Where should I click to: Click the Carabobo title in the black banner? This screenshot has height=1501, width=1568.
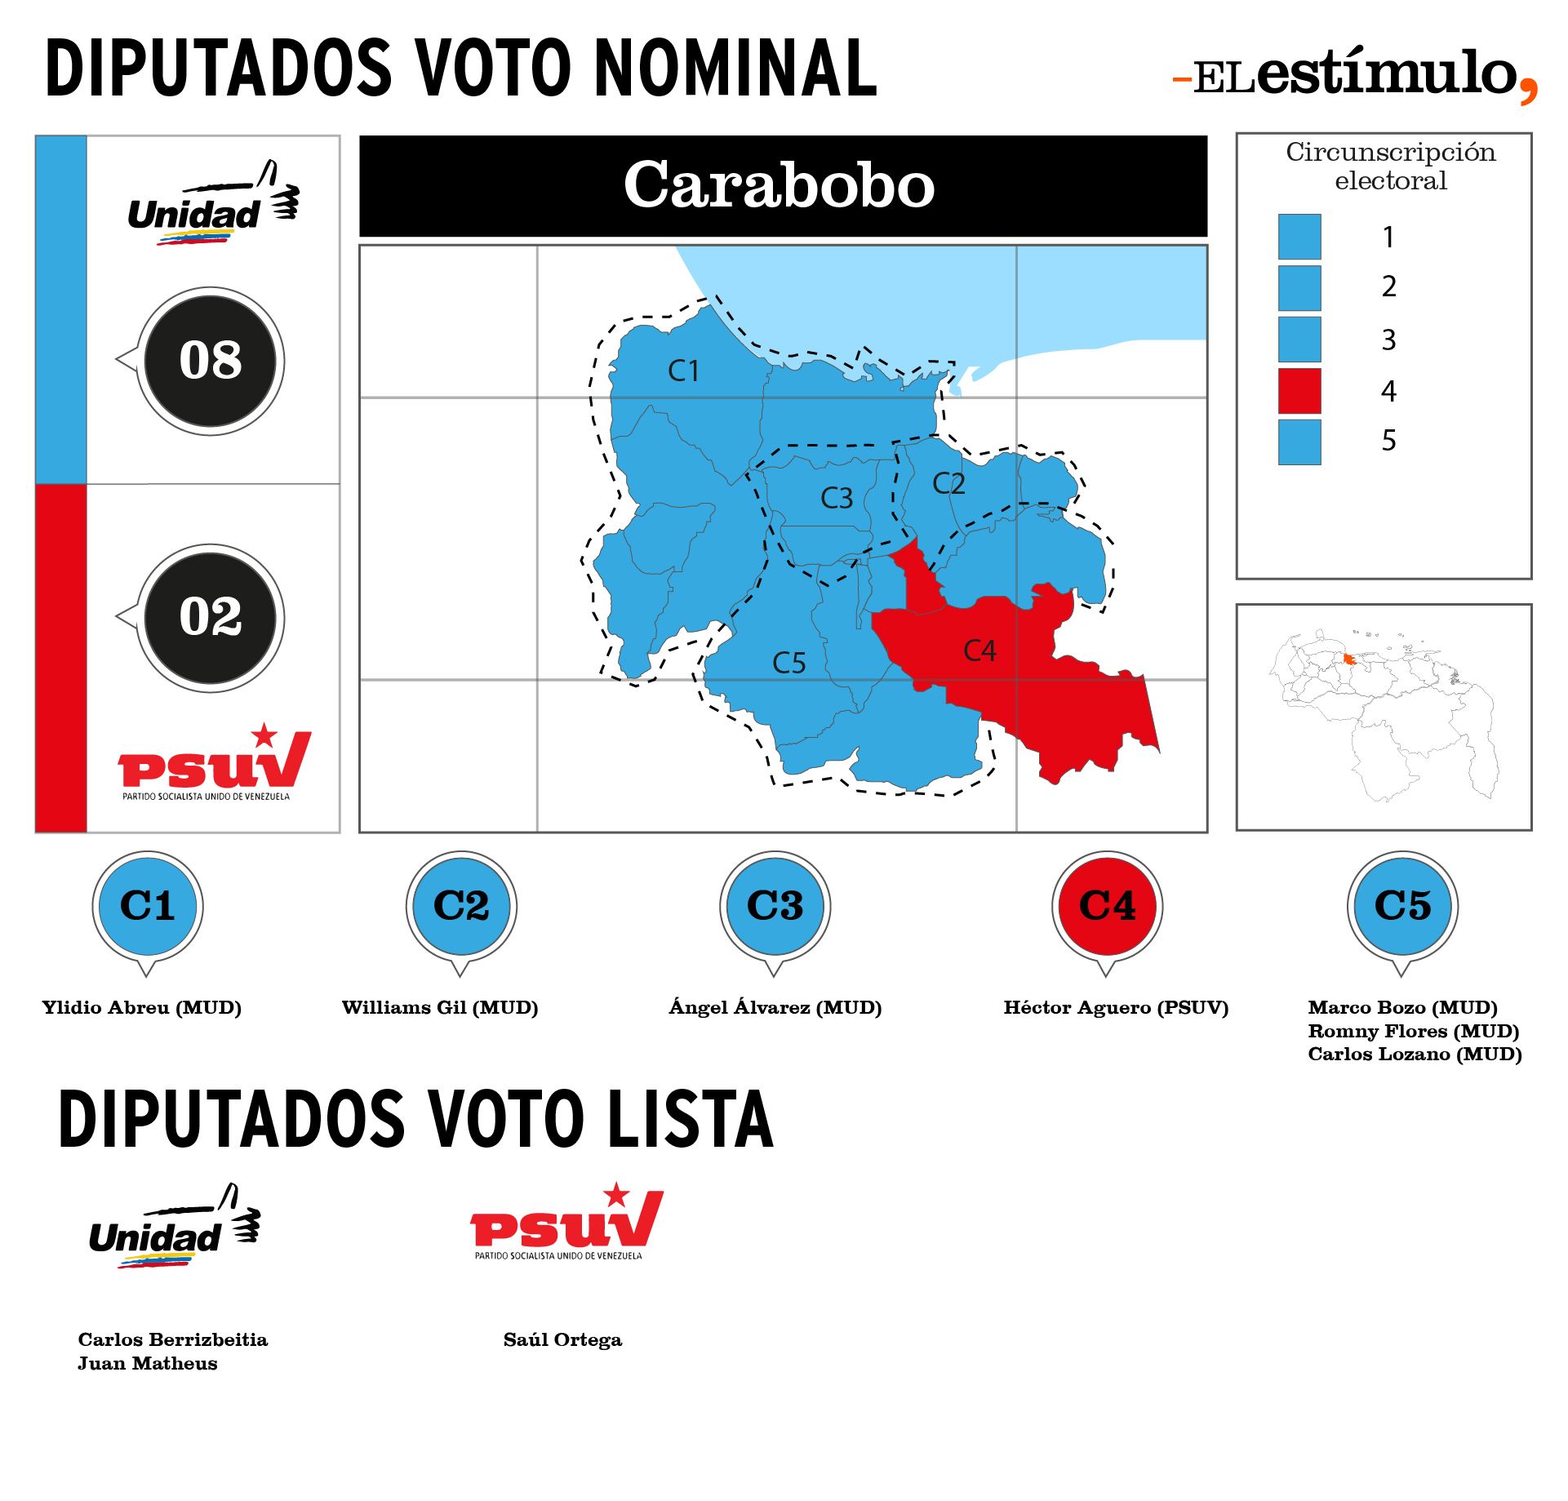pos(779,184)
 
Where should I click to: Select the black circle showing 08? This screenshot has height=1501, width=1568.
pos(211,361)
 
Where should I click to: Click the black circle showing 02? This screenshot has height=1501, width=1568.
pos(211,618)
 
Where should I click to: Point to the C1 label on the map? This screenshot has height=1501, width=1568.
pos(683,371)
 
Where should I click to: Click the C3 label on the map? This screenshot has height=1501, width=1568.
pos(837,498)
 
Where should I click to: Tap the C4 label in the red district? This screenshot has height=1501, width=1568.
pos(979,651)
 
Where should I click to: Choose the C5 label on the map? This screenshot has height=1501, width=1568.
pos(789,663)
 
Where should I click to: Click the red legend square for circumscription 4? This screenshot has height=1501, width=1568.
pos(1299,391)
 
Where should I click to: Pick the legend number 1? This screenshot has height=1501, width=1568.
pos(1388,237)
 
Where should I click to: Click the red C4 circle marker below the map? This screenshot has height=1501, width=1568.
pos(1108,906)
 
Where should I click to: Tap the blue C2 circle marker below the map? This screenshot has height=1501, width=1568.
pos(461,906)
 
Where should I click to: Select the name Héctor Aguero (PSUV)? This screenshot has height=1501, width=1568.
pos(1116,1007)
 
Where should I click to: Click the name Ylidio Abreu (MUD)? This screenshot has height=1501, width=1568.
pos(142,1007)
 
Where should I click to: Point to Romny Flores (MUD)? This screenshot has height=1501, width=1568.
pos(1414,1031)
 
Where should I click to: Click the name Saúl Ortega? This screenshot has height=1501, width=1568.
pos(562,1339)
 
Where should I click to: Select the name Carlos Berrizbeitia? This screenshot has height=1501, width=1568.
pos(173,1339)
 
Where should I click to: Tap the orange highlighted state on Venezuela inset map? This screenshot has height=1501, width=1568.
pos(1349,659)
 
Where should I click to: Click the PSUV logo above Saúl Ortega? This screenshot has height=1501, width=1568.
pos(567,1221)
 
